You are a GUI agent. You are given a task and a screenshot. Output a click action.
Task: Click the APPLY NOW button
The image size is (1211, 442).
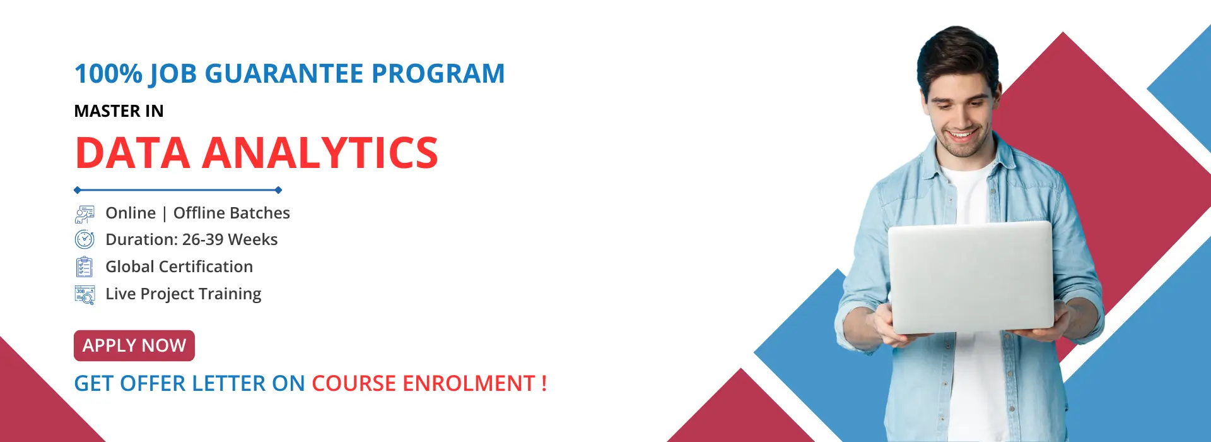pyautogui.click(x=134, y=345)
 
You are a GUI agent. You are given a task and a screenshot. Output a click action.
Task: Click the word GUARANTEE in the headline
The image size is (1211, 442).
pyautogui.click(x=284, y=74)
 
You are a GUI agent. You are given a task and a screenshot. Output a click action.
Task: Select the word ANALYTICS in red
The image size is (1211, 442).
pyautogui.click(x=320, y=153)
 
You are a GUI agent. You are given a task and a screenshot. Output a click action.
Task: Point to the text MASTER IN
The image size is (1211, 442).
pyautogui.click(x=119, y=111)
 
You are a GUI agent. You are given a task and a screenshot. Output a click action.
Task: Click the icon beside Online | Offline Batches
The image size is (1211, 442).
pyautogui.click(x=85, y=214)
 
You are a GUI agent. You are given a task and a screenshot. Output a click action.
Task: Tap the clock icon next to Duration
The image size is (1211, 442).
pyautogui.click(x=85, y=240)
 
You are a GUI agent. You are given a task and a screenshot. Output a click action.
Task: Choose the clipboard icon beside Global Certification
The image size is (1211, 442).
pyautogui.click(x=84, y=267)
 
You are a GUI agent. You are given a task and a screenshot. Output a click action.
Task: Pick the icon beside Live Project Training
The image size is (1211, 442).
pyautogui.click(x=85, y=295)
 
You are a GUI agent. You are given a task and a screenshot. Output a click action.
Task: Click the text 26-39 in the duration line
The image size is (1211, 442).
pyautogui.click(x=202, y=240)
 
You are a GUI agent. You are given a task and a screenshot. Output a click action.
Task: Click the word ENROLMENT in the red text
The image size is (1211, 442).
pyautogui.click(x=469, y=383)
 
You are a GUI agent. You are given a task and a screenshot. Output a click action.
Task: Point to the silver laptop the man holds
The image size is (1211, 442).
pyautogui.click(x=971, y=277)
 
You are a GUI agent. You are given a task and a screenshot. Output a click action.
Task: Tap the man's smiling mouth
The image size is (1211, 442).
pyautogui.click(x=962, y=134)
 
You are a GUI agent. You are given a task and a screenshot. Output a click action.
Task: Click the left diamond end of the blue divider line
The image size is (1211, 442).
pyautogui.click(x=77, y=190)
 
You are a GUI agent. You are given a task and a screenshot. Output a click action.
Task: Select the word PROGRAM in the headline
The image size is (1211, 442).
pyautogui.click(x=438, y=74)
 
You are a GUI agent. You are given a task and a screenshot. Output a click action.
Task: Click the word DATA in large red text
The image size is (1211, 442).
pyautogui.click(x=132, y=153)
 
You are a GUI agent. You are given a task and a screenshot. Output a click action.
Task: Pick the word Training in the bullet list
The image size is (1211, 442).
pyautogui.click(x=230, y=294)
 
